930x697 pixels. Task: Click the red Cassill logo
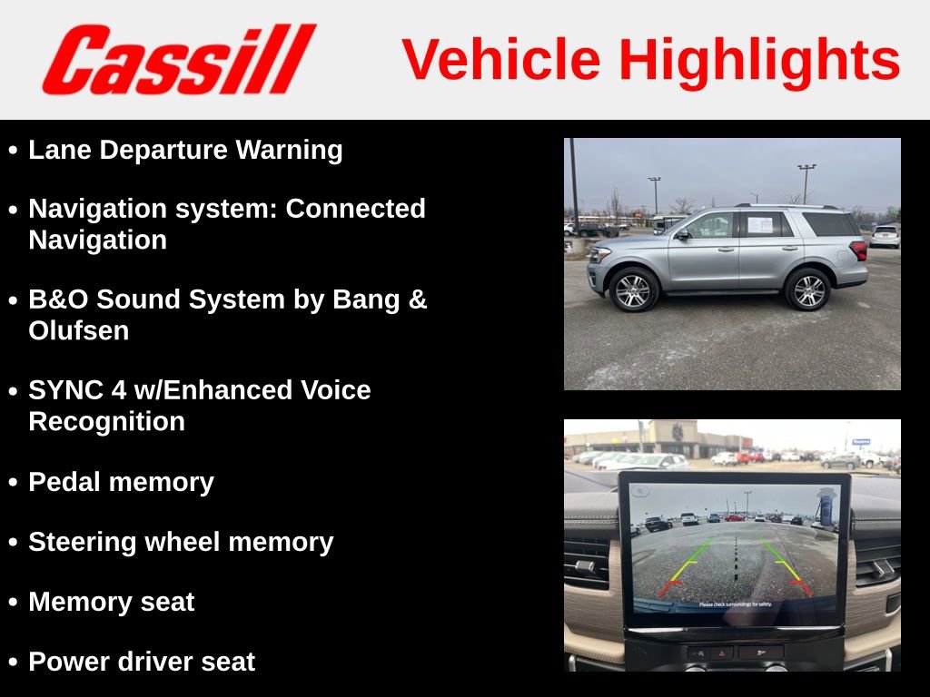[178, 60]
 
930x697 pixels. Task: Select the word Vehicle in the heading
[501, 60]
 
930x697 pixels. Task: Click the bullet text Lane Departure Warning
[185, 150]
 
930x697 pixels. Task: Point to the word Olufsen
[79, 330]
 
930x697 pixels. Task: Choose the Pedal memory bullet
[121, 482]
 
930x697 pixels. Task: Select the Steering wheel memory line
[181, 542]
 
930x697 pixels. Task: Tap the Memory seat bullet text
[111, 602]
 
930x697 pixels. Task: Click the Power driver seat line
[142, 662]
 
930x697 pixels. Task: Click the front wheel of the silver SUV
[633, 290]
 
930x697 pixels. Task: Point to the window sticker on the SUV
[759, 224]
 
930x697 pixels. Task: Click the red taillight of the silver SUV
[857, 250]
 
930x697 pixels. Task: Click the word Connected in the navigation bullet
[356, 209]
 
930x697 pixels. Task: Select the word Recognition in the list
[107, 421]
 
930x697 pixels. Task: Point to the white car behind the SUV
[885, 236]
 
